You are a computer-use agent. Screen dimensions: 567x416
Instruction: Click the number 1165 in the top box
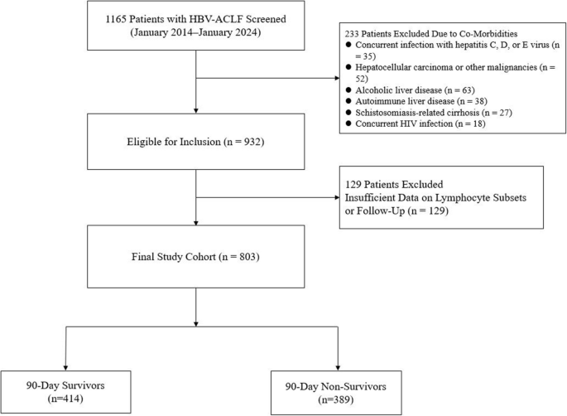coord(115,19)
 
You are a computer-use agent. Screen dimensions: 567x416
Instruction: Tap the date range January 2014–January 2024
coord(195,32)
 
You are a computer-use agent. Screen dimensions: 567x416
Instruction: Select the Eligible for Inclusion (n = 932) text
coord(195,142)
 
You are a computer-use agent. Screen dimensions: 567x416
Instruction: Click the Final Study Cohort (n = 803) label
coord(195,257)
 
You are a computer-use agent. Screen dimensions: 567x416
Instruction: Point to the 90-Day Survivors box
coord(66,392)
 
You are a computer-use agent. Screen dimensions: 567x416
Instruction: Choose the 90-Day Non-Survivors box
coord(336,393)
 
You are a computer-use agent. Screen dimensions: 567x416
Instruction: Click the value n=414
coord(65,399)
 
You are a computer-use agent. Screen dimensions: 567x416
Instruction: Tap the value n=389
coord(336,400)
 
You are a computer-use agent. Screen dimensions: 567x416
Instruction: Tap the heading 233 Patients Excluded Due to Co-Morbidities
coord(431,34)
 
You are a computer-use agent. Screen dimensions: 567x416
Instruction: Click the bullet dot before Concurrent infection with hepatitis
coord(348,45)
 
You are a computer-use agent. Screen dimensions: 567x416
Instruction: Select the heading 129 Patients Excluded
coord(394,184)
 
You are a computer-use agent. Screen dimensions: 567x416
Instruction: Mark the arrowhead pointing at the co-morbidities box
coord(337,78)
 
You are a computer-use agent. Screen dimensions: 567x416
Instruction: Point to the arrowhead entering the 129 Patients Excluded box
coord(337,198)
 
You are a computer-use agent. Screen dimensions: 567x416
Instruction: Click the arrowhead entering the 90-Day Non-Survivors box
coord(338,368)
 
